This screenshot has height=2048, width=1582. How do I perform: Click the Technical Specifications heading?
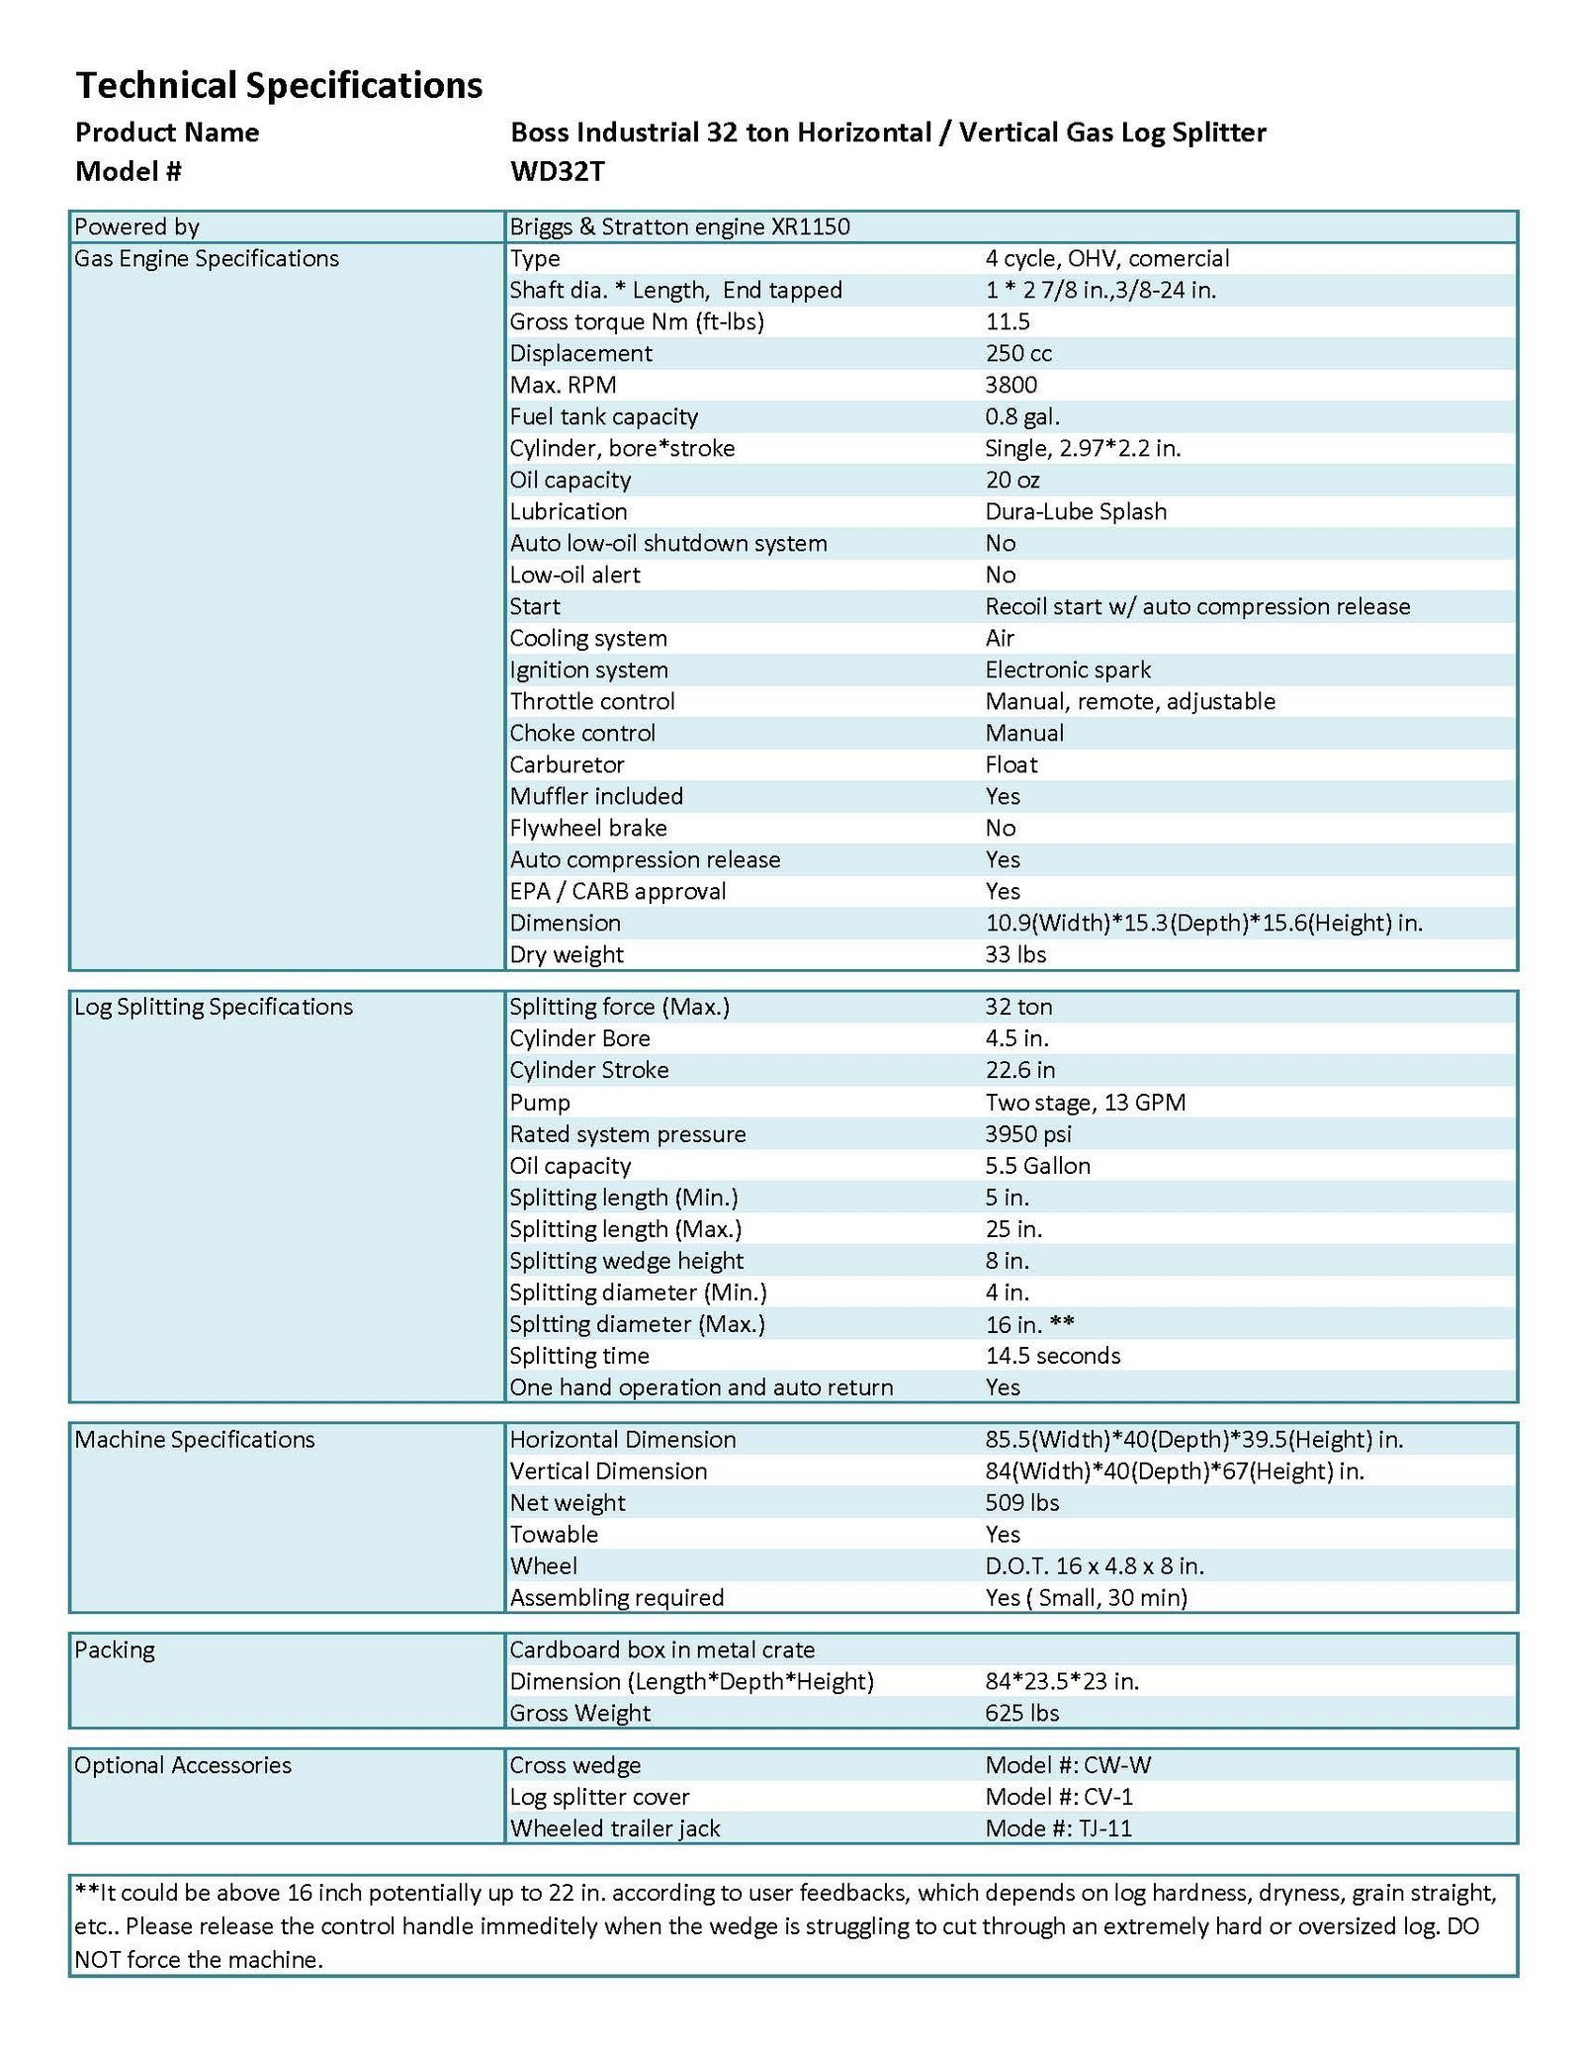(279, 86)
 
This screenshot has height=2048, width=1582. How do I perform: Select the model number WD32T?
(557, 172)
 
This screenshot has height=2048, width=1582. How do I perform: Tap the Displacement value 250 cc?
(1018, 353)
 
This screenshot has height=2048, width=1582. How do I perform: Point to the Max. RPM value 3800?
(1011, 385)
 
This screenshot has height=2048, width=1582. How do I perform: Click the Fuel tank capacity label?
(603, 416)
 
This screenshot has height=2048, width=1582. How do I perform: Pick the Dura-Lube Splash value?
(1076, 511)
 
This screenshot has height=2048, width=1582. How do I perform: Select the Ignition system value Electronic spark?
(1068, 669)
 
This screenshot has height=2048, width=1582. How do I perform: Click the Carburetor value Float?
(1011, 764)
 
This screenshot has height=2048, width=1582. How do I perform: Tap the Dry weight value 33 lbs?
(1015, 954)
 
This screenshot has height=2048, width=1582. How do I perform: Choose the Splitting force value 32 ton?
(1018, 1007)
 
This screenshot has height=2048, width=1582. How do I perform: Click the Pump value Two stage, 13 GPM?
(1085, 1102)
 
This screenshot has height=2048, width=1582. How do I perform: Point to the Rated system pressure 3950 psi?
(1027, 1133)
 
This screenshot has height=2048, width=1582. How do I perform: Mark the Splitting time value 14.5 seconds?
(1052, 1355)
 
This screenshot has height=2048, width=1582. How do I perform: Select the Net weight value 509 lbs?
(1021, 1502)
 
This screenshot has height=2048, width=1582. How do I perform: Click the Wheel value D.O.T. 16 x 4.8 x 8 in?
(1094, 1565)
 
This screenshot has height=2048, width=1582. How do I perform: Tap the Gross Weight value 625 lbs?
(1021, 1713)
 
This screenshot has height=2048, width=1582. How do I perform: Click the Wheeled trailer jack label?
(615, 1828)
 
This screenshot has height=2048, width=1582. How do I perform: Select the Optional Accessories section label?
(183, 1765)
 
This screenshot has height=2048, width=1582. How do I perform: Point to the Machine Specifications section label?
(195, 1439)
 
